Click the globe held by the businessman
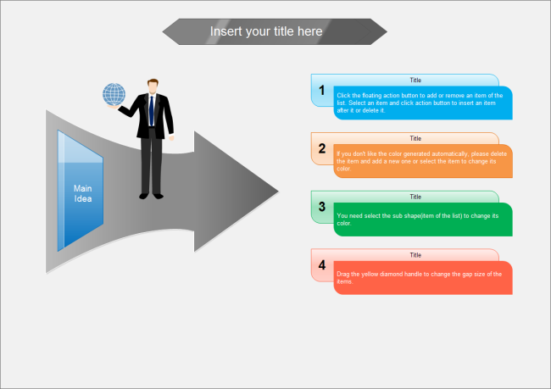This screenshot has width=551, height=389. pyautogui.click(x=114, y=94)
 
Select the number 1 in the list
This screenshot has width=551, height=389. pyautogui.click(x=322, y=90)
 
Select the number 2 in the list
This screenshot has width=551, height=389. pyautogui.click(x=322, y=148)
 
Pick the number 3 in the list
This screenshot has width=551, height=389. pyautogui.click(x=322, y=206)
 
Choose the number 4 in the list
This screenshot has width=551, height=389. pyautogui.click(x=322, y=264)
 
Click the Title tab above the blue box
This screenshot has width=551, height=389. pyautogui.click(x=415, y=80)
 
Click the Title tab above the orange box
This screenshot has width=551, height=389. pyautogui.click(x=415, y=138)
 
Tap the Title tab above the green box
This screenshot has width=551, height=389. pyautogui.click(x=415, y=196)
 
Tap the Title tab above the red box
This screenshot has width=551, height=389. pyautogui.click(x=415, y=254)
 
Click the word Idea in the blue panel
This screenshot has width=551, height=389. pyautogui.click(x=82, y=199)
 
